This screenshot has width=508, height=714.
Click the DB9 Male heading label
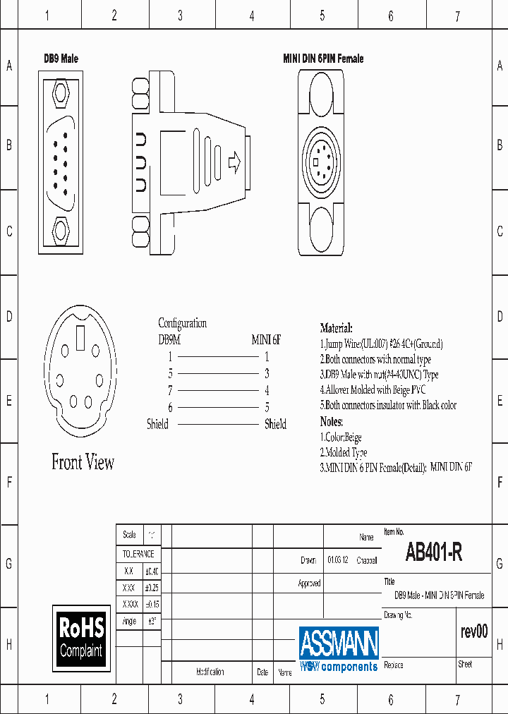61,59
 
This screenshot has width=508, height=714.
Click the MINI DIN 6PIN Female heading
323,59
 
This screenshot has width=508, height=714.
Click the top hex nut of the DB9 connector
61,92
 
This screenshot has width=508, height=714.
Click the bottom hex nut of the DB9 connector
61,229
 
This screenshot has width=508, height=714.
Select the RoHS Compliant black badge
81,637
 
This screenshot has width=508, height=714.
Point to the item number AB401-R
434,552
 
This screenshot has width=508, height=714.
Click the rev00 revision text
473,631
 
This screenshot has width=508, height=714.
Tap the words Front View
83,463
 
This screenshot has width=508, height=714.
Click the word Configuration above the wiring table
182,323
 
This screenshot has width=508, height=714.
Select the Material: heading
336,328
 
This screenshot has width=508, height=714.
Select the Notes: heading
332,422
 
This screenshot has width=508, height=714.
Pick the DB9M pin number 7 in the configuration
170,390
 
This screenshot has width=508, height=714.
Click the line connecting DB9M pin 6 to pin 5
218,407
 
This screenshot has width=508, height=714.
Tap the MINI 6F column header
266,339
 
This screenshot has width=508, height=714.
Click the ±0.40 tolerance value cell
152,571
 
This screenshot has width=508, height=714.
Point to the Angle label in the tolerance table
129,622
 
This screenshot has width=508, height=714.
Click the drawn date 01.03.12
337,561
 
